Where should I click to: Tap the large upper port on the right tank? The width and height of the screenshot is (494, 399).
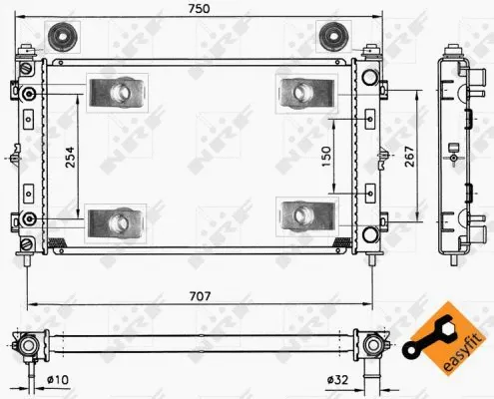pos(370,78)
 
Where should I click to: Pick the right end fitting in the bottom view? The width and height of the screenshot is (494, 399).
pos(373,345)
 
